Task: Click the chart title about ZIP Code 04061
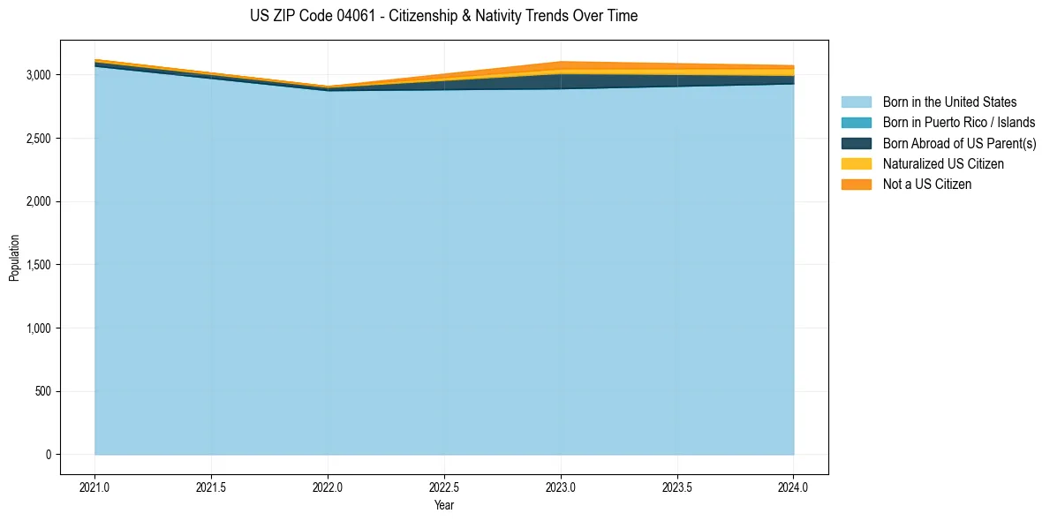coord(443,16)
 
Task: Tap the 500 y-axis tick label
coord(47,392)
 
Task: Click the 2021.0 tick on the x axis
coord(95,487)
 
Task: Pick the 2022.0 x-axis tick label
coord(329,487)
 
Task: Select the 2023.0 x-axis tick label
coord(561,487)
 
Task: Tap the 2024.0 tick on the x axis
coord(794,487)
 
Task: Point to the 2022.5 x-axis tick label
coord(445,487)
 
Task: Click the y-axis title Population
coord(13,258)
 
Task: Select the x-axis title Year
coord(444,505)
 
